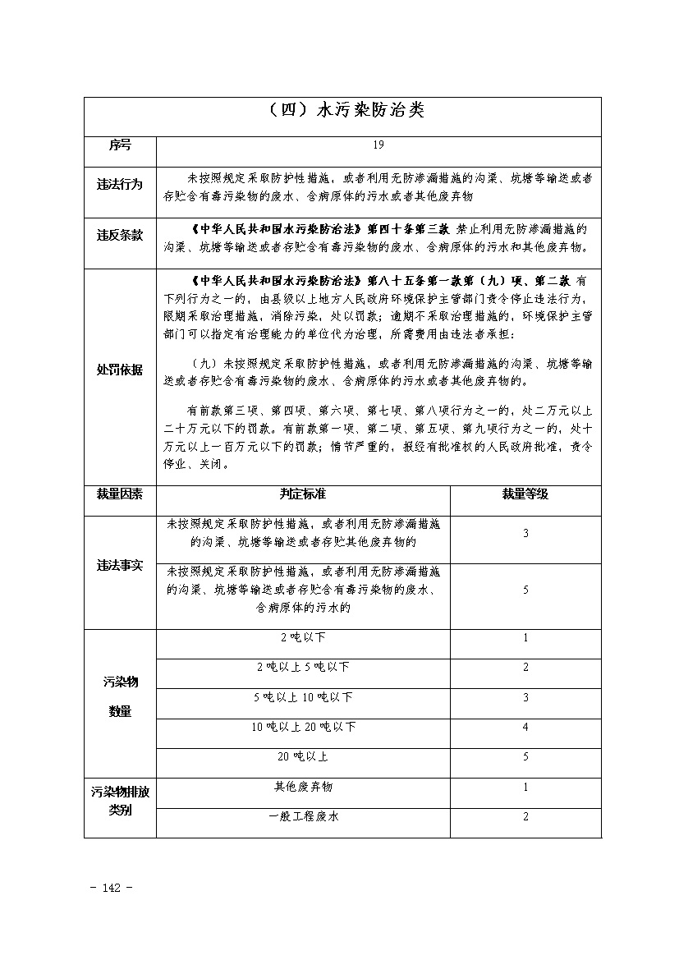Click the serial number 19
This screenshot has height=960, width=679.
(x=378, y=145)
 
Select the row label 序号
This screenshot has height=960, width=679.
(x=120, y=145)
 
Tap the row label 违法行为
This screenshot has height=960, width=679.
(x=120, y=186)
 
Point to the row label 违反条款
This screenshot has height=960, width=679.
(x=120, y=236)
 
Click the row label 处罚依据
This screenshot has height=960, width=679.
(x=120, y=370)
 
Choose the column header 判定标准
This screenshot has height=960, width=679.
(x=303, y=494)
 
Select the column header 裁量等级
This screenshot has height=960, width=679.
(x=525, y=494)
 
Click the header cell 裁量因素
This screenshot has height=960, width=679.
(x=120, y=494)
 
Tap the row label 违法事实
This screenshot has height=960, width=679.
(x=120, y=566)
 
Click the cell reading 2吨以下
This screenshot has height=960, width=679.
(x=303, y=637)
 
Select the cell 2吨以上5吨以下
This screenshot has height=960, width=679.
(x=303, y=667)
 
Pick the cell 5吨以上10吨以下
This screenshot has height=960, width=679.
(x=303, y=697)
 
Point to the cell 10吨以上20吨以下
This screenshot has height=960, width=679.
(x=303, y=727)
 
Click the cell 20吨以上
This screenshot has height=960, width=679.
(x=303, y=756)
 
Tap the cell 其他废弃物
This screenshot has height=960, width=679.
(x=303, y=787)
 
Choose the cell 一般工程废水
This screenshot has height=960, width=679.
(x=303, y=816)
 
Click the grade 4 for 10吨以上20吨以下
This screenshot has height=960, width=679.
(x=525, y=727)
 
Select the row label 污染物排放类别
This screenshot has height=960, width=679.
(x=120, y=802)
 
